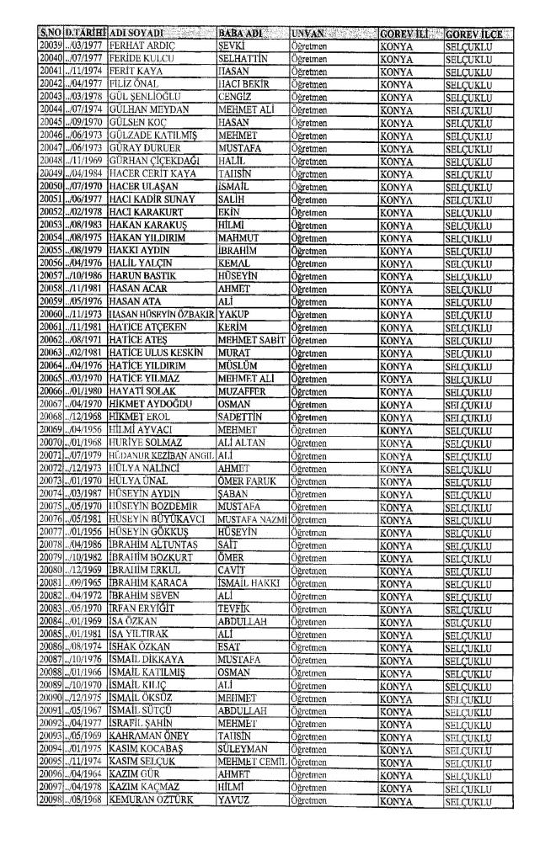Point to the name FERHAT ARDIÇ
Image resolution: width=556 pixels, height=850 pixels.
140,44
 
